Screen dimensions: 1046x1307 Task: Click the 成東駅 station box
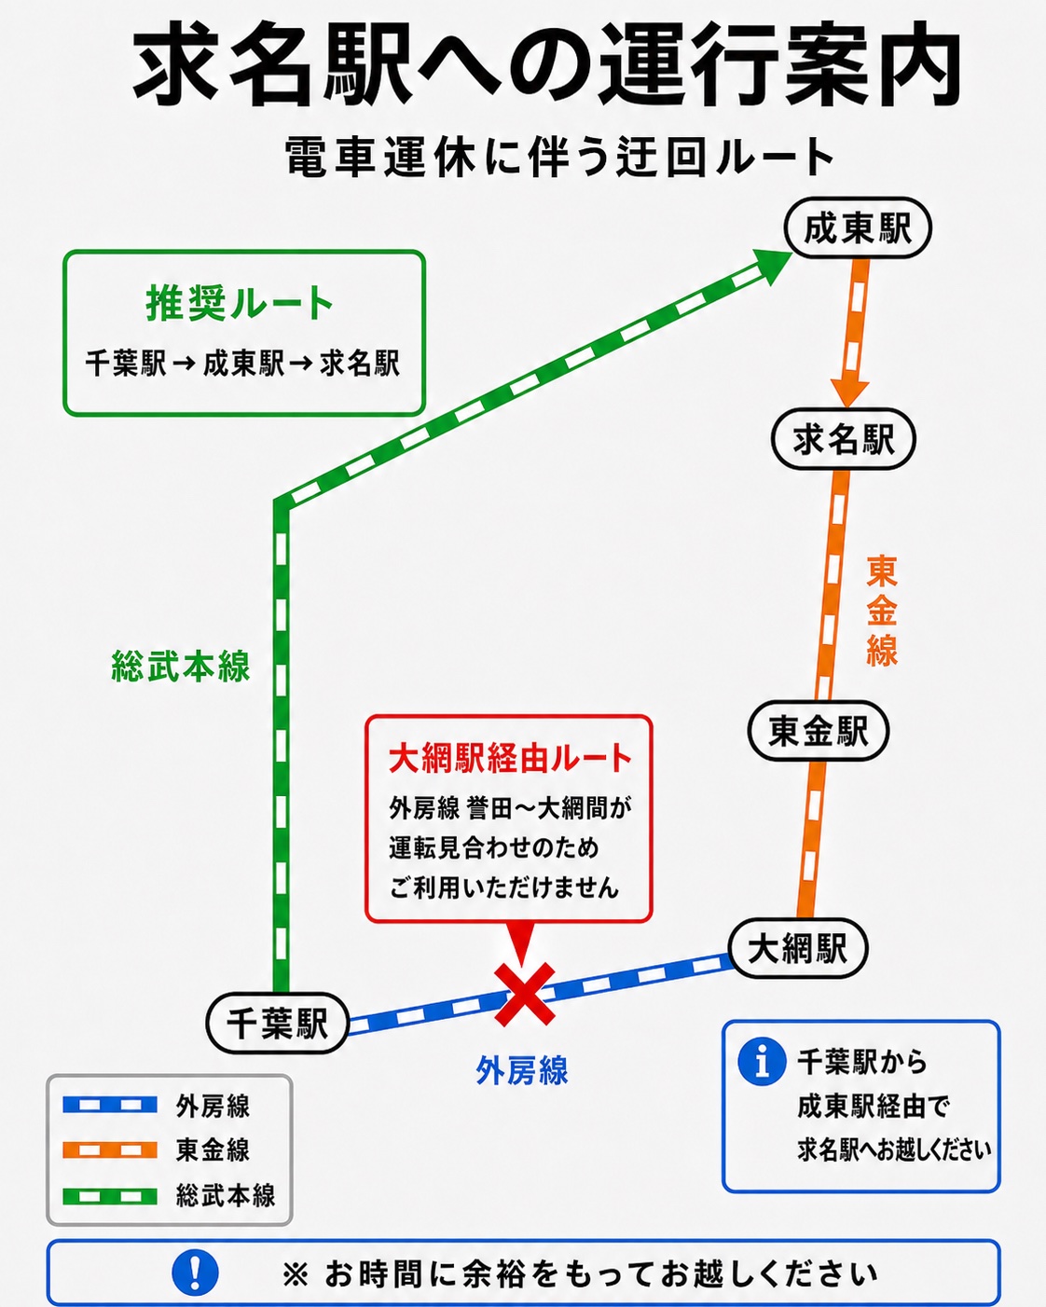858,227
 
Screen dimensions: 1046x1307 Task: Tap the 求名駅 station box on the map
843,438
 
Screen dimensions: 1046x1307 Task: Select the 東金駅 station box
819,731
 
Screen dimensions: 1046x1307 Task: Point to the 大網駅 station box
798,948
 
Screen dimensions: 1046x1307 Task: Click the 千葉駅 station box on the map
277,1023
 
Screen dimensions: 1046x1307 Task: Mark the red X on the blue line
524,994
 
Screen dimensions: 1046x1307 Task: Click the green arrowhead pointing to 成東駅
771,265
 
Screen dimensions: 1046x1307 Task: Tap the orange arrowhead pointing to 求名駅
849,393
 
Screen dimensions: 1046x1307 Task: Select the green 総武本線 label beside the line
181,667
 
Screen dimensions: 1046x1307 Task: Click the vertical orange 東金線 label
881,611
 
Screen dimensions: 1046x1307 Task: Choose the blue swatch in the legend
110,1105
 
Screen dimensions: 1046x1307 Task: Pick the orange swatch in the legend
110,1149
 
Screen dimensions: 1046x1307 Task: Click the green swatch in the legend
110,1196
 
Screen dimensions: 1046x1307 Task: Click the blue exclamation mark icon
195,1272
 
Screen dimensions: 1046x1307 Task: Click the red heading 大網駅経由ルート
510,758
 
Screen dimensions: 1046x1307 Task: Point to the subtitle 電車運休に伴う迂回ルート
559,157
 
